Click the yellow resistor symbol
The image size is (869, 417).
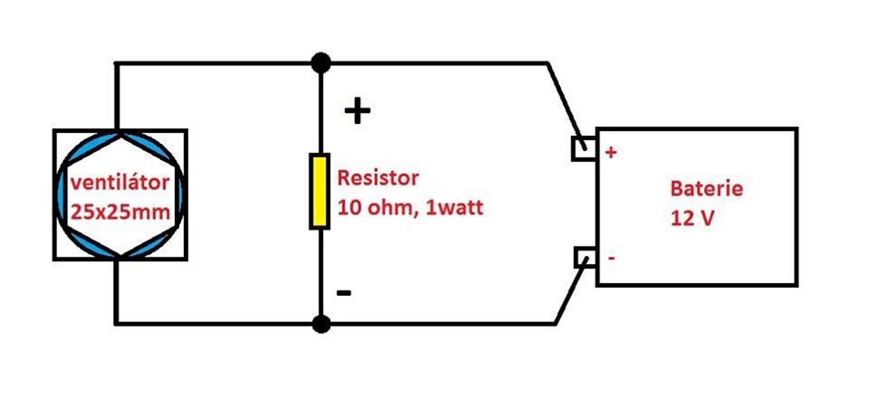click(x=320, y=191)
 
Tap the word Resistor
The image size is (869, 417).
click(x=378, y=177)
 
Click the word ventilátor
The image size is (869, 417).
click(x=120, y=184)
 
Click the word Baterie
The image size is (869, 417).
click(x=707, y=189)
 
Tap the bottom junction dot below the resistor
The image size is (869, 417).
click(x=320, y=322)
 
